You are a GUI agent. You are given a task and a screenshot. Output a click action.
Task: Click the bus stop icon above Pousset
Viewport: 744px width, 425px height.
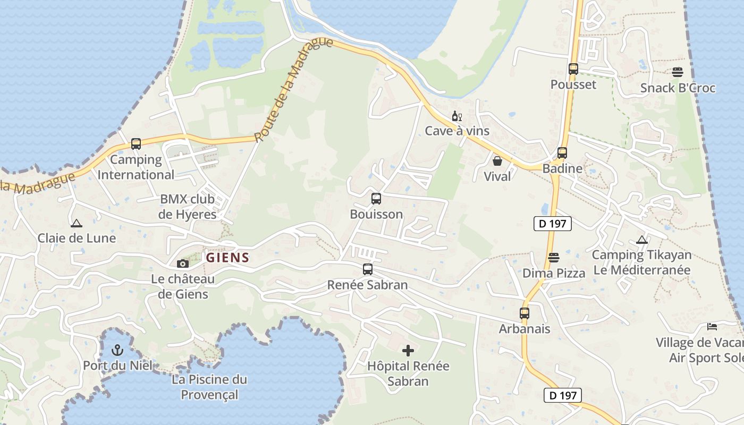573,69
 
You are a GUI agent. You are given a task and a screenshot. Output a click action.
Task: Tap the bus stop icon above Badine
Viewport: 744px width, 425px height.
562,153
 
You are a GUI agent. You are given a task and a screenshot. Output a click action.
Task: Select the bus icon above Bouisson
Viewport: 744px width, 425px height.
376,199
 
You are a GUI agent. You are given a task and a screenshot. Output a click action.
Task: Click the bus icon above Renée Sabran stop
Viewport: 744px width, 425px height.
367,269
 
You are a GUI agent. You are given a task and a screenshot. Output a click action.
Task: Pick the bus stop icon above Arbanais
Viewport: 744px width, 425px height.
525,313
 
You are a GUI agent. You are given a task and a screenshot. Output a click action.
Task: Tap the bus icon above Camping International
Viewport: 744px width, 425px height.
136,143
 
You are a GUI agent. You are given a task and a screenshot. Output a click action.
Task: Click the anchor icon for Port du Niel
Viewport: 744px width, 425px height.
117,350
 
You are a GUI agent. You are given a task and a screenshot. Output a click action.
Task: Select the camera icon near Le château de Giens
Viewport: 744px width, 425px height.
182,263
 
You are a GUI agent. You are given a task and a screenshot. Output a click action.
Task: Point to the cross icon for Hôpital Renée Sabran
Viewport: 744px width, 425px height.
408,351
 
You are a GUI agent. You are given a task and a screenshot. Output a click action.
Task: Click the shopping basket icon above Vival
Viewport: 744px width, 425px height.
497,160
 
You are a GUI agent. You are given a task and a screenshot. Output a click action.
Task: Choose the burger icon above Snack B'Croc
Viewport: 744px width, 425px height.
678,72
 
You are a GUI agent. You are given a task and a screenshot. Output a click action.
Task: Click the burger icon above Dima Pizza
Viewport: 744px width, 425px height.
554,258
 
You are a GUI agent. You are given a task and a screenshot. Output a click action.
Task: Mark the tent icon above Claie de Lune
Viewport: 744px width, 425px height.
77,223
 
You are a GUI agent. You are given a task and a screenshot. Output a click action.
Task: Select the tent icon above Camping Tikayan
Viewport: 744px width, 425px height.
642,240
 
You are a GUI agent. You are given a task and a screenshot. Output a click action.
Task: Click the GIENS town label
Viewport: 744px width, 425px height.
227,258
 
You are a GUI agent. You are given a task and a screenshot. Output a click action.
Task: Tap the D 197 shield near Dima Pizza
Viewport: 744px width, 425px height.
552,224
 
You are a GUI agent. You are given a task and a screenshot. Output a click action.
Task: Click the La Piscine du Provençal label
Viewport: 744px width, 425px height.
209,387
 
